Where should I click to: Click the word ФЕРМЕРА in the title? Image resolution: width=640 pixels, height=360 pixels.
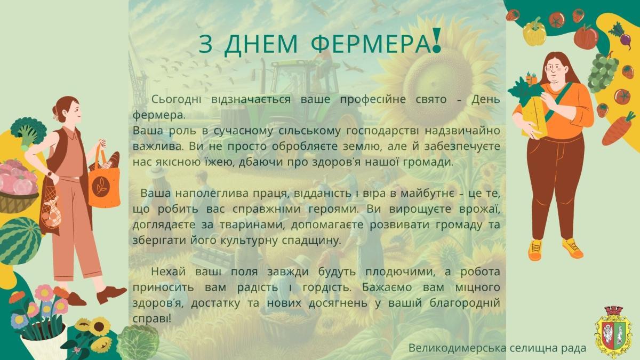tap(371, 44)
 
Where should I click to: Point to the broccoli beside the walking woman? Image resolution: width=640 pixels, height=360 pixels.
tap(28, 133)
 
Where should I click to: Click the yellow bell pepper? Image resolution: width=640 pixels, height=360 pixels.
tap(534, 32)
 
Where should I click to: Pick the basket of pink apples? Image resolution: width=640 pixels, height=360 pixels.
tap(18, 186)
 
